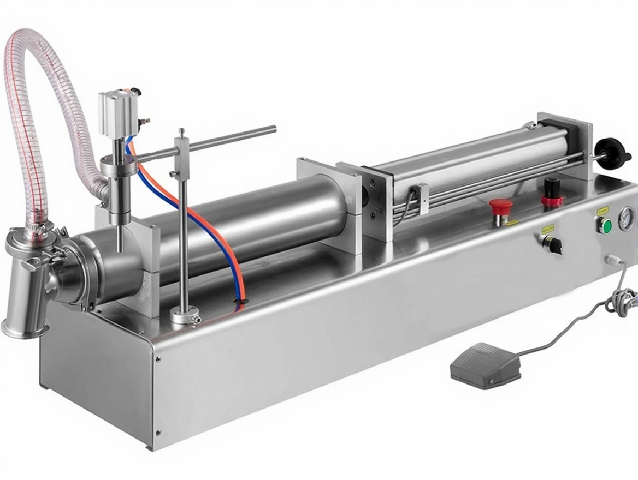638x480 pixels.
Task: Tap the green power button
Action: coord(604,225)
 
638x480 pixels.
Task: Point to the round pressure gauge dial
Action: coord(626,219)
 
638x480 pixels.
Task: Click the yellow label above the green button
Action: coord(602,209)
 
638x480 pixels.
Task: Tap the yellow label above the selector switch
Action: coord(548,230)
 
